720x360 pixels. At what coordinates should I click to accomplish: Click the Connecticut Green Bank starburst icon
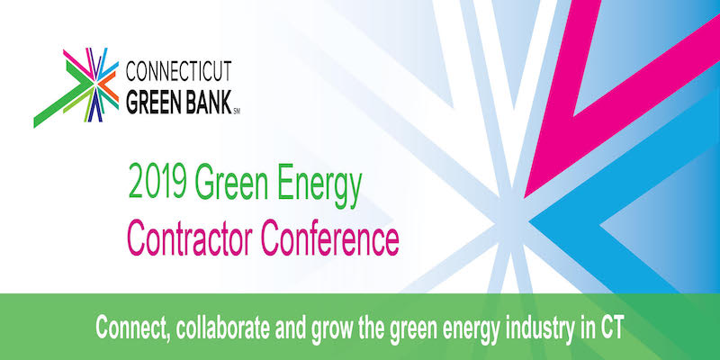click(x=76, y=87)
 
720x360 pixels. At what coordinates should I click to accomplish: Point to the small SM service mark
click(x=237, y=112)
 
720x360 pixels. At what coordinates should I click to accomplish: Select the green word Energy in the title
click(x=319, y=184)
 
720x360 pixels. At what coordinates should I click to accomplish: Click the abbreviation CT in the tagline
click(x=612, y=328)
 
